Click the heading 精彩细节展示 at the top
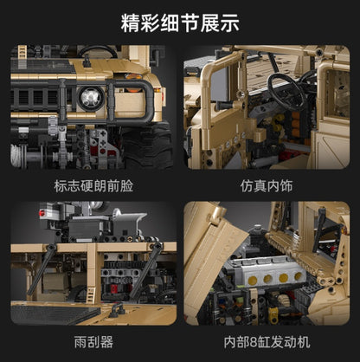coord(180,19)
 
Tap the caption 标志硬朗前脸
coord(90,184)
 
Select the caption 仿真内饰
coord(268,184)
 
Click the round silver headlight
coord(88,97)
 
